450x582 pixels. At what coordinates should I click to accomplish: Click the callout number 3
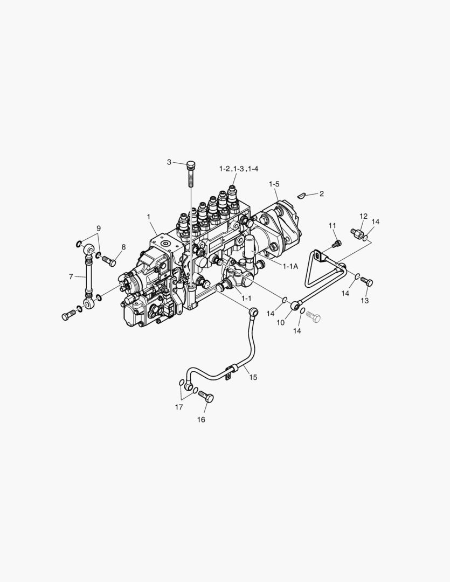(169, 162)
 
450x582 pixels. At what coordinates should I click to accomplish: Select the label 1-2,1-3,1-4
(239, 169)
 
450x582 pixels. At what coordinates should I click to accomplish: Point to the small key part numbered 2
(302, 195)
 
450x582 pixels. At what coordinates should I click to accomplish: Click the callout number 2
(321, 193)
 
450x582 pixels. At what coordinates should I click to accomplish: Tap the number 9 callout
(99, 228)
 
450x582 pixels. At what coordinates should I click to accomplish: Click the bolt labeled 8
(109, 262)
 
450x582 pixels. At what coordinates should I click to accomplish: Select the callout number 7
(71, 276)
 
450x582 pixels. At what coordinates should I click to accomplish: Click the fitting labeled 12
(357, 235)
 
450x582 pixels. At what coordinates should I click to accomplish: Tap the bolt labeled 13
(368, 281)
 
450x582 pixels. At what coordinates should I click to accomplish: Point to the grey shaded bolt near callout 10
(313, 317)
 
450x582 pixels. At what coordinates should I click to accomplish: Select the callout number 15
(253, 377)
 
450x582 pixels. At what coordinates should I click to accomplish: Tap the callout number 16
(200, 420)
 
